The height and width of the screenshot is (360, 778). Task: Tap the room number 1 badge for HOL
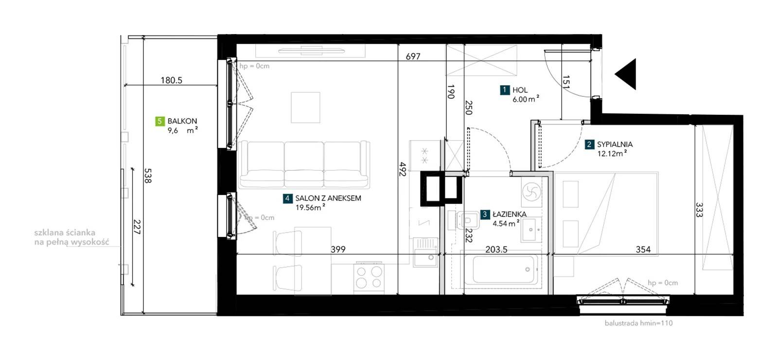(x=505, y=90)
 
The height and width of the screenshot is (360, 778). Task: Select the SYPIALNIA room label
(x=615, y=144)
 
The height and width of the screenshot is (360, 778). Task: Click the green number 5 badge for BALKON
(x=160, y=121)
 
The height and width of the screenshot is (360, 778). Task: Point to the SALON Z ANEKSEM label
(x=328, y=198)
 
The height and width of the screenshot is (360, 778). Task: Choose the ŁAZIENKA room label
(x=510, y=215)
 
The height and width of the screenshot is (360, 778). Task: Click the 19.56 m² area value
(x=310, y=207)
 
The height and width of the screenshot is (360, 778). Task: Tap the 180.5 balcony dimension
(x=171, y=80)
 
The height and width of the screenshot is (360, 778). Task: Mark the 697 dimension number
(x=413, y=56)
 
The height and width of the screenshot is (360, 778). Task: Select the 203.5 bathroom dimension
(x=496, y=249)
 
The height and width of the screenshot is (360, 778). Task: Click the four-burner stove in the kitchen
(x=369, y=278)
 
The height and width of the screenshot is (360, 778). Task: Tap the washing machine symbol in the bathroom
(x=531, y=192)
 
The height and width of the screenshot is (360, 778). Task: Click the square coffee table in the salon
(x=306, y=108)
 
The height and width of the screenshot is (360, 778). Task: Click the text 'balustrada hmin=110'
(x=639, y=323)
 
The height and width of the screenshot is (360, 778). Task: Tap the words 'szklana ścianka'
(x=65, y=233)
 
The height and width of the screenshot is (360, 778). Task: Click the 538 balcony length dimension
(x=148, y=176)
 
